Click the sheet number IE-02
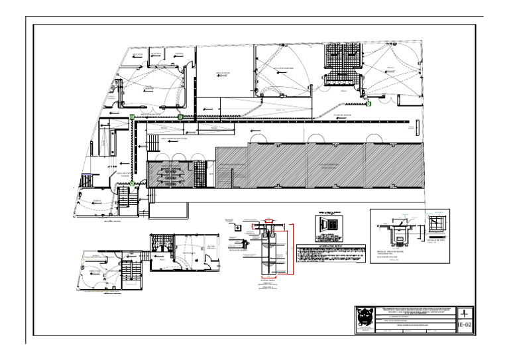pyautogui.click(x=466, y=325)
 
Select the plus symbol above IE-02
pyautogui.click(x=466, y=312)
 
